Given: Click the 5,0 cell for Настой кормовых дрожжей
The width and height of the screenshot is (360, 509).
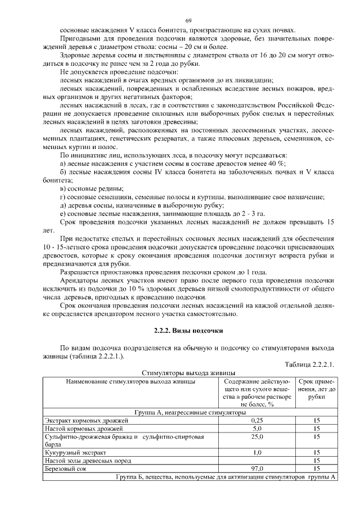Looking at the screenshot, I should (x=257, y=428).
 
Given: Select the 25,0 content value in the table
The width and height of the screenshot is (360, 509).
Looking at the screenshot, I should (x=257, y=436).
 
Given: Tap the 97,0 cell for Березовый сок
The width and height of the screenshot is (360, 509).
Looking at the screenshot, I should (x=257, y=468).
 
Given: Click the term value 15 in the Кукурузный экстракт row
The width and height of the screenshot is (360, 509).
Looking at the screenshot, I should (x=317, y=452).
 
